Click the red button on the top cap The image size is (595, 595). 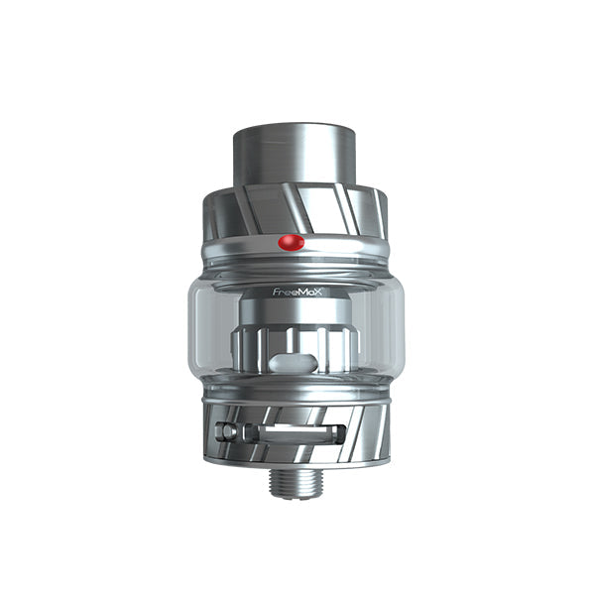coord(290,242)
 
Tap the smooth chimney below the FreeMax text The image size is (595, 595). coord(298,310)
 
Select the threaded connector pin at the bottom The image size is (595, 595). coord(298,482)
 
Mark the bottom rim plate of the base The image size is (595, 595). coord(297,462)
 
